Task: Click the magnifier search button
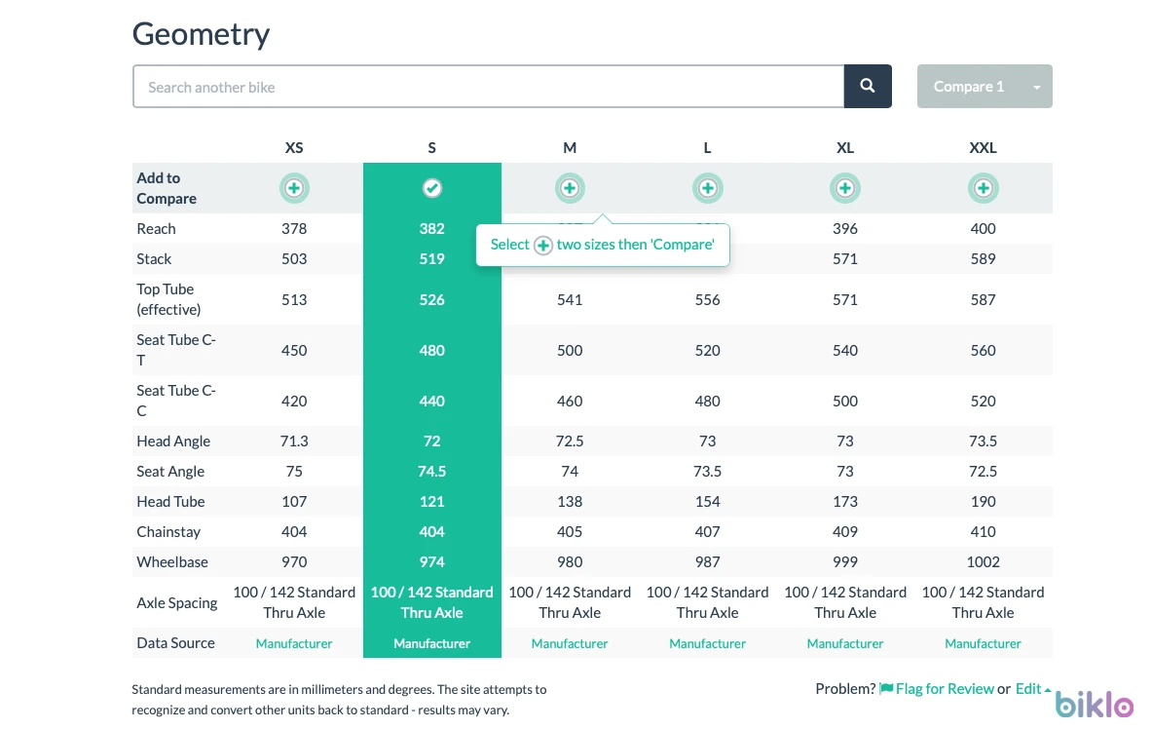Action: pyautogui.click(x=868, y=86)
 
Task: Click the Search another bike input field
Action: pyautogui.click(x=489, y=86)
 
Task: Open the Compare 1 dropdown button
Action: pyautogui.click(x=985, y=86)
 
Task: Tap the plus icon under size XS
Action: pyautogui.click(x=294, y=188)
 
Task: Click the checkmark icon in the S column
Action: pyautogui.click(x=432, y=188)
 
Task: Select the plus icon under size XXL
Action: pyautogui.click(x=983, y=188)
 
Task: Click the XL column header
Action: pyautogui.click(x=845, y=148)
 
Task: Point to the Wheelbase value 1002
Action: pyautogui.click(x=983, y=562)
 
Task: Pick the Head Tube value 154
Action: pyautogui.click(x=708, y=502)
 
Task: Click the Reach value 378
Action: pyautogui.click(x=294, y=229)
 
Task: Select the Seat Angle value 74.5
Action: pyautogui.click(x=432, y=472)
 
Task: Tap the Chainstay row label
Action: pyautogui.click(x=168, y=532)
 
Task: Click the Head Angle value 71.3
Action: pyautogui.click(x=294, y=441)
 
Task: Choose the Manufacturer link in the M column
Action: pyautogui.click(x=570, y=643)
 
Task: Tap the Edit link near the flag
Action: pyautogui.click(x=1028, y=688)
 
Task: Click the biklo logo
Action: pyautogui.click(x=1094, y=704)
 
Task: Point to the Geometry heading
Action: pyautogui.click(x=202, y=34)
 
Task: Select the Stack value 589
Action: pyautogui.click(x=983, y=259)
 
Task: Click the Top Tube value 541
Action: pyautogui.click(x=570, y=300)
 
